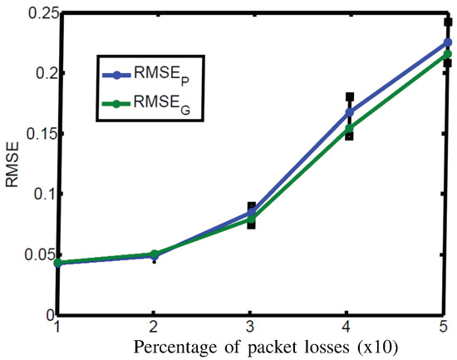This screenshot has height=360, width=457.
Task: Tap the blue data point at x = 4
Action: click(350, 112)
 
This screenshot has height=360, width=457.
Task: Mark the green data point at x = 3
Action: click(252, 219)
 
